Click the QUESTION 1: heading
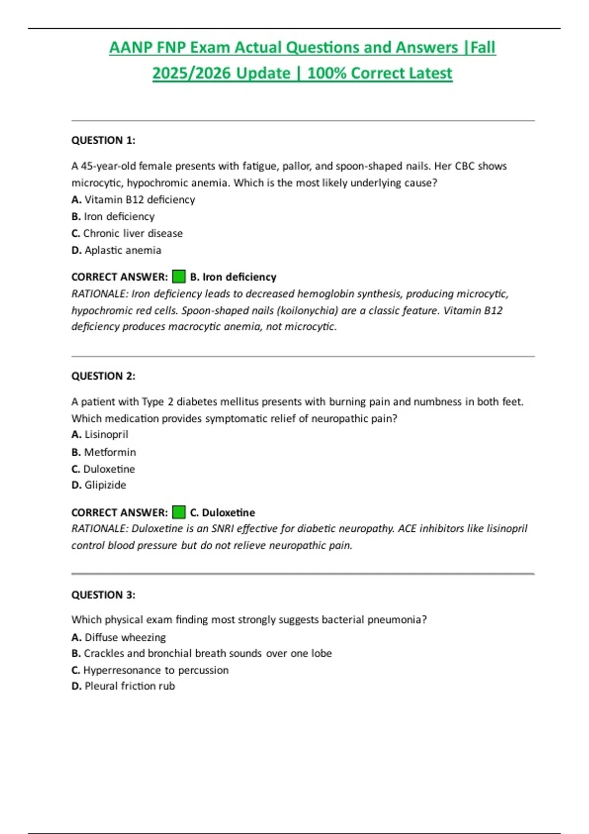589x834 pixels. pos(103,140)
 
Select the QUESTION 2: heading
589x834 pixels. pos(103,376)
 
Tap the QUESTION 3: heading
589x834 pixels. pos(103,595)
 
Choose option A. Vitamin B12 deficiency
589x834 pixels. pos(133,200)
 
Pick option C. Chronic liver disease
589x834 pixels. pos(127,234)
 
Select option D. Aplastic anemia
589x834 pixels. pos(116,250)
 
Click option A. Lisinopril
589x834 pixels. pos(100,435)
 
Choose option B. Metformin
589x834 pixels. pos(104,452)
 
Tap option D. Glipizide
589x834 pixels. pos(99,485)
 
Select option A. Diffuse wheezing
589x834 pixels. pos(118,637)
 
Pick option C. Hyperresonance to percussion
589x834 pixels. pos(150,670)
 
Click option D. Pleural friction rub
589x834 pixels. pos(123,686)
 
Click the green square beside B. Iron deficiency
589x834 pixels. pos(179,277)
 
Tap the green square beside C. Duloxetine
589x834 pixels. pos(179,513)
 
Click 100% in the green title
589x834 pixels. pos(327,73)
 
